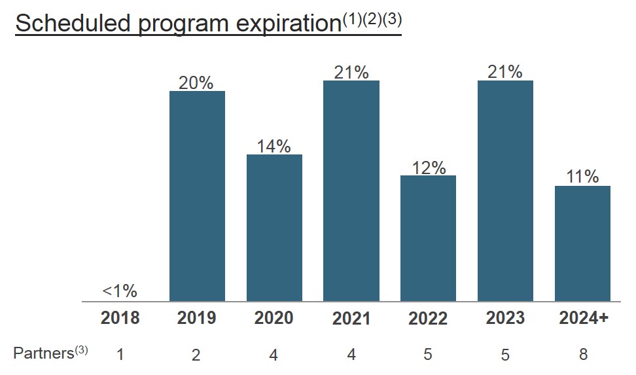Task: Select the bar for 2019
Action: [197, 196]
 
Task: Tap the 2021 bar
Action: [351, 190]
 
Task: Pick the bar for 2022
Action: [428, 238]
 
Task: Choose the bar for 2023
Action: [505, 190]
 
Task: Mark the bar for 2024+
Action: [582, 243]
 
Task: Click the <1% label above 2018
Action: [120, 291]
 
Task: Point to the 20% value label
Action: [197, 82]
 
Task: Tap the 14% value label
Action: [274, 146]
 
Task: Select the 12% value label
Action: [429, 168]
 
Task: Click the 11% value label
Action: [582, 177]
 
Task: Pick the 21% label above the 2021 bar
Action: [351, 72]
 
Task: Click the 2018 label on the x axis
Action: [120, 318]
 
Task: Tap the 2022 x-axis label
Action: [428, 319]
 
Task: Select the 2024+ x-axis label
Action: [584, 318]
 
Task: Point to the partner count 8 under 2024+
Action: [583, 355]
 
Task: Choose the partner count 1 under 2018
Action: [120, 355]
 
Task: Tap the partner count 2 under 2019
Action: [196, 355]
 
